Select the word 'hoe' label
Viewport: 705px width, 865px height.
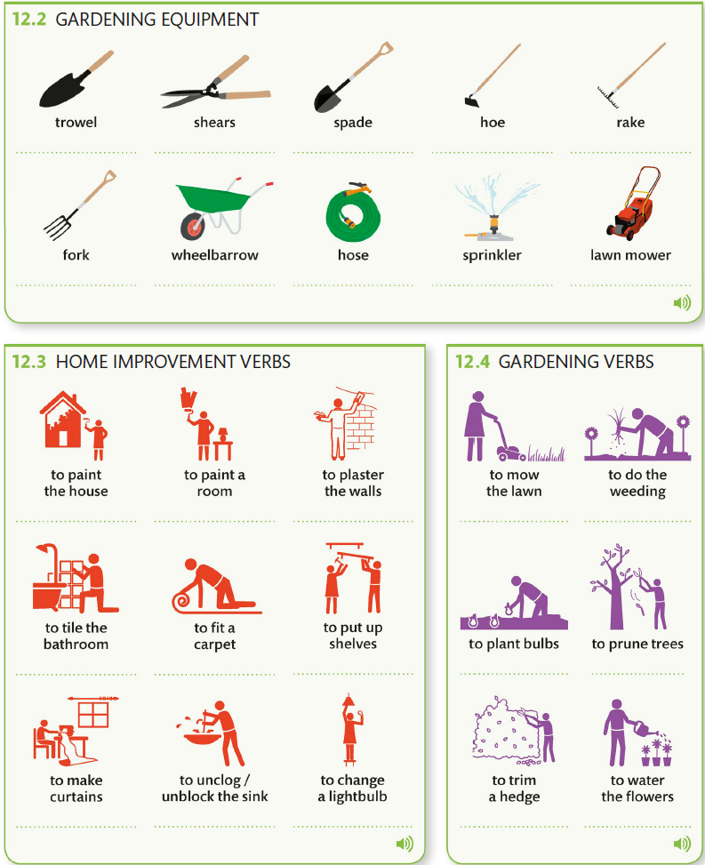493,122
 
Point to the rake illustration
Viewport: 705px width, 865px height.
631,75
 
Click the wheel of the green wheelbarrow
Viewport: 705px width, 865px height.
193,226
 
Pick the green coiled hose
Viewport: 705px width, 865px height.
353,212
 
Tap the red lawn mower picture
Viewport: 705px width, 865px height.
633,204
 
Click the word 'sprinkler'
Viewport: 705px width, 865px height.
492,255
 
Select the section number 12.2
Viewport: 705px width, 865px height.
29,20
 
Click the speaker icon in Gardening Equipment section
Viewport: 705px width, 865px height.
682,302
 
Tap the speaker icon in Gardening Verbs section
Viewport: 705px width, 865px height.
682,844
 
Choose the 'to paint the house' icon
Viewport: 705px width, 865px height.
74,426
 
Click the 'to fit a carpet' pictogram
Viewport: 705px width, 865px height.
215,587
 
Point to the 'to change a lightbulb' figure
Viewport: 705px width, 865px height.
350,729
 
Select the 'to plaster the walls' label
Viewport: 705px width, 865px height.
353,483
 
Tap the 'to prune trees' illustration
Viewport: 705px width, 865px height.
629,587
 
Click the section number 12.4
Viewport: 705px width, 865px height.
473,362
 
